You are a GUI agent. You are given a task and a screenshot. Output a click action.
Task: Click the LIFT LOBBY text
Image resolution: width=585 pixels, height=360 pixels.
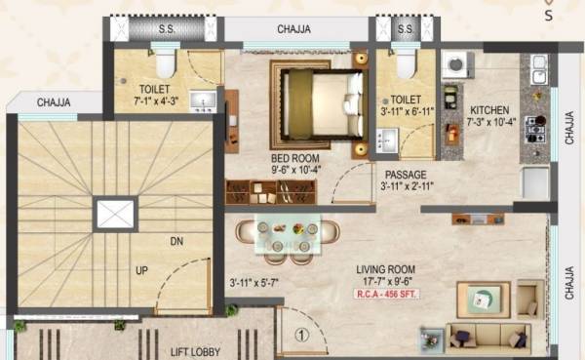point(194,352)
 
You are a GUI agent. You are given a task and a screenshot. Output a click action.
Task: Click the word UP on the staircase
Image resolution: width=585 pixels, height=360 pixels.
point(141,270)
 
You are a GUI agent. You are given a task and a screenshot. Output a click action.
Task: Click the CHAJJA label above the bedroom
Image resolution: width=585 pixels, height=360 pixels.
point(293,29)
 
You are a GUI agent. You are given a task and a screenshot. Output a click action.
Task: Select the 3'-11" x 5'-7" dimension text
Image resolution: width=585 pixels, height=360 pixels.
point(254,284)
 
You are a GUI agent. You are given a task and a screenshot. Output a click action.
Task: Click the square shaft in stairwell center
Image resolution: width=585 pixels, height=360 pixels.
point(115,215)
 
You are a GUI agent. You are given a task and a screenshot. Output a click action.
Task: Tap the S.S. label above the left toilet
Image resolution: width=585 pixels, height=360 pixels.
point(166,29)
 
